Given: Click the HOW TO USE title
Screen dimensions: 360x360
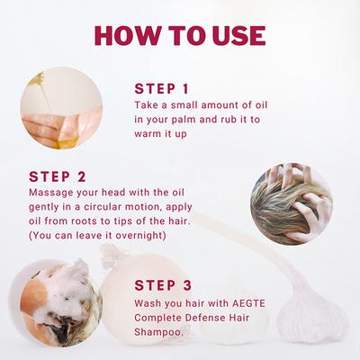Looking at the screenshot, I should pyautogui.click(x=180, y=35).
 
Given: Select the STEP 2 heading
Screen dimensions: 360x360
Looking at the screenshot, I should pyautogui.click(x=57, y=176).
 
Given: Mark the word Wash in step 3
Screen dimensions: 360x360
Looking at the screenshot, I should pyautogui.click(x=151, y=301).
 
